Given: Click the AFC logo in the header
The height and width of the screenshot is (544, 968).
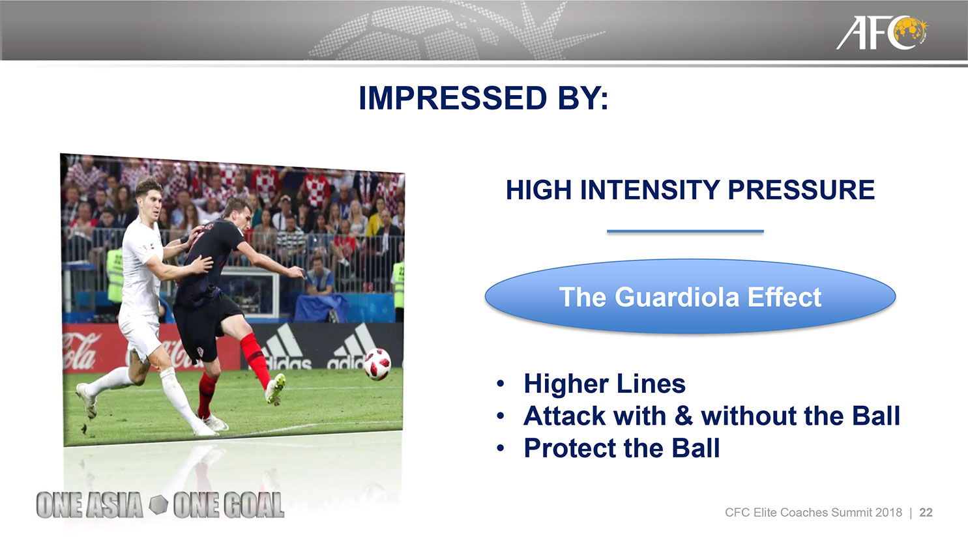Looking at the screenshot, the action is click(x=881, y=33).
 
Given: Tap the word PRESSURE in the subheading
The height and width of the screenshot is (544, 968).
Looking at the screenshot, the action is click(x=801, y=190).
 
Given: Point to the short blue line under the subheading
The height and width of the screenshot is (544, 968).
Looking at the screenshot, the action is click(x=685, y=231).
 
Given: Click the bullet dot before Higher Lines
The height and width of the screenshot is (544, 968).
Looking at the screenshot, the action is click(x=501, y=384).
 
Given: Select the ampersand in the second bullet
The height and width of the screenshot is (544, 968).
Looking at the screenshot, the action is click(x=683, y=416).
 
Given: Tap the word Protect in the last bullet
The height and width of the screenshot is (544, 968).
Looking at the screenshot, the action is click(x=570, y=448).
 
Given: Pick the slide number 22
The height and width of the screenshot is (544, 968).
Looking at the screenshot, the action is click(x=926, y=513).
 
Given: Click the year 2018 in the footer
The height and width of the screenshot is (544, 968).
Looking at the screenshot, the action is click(x=888, y=513).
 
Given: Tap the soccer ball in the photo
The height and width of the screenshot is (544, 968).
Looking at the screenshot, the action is click(x=377, y=364).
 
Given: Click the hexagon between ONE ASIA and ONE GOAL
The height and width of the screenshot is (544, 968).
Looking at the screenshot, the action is click(x=158, y=505).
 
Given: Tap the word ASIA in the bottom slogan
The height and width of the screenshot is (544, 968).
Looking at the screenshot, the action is click(x=114, y=505).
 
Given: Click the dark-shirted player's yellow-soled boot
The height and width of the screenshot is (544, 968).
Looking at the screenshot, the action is click(x=275, y=388).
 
